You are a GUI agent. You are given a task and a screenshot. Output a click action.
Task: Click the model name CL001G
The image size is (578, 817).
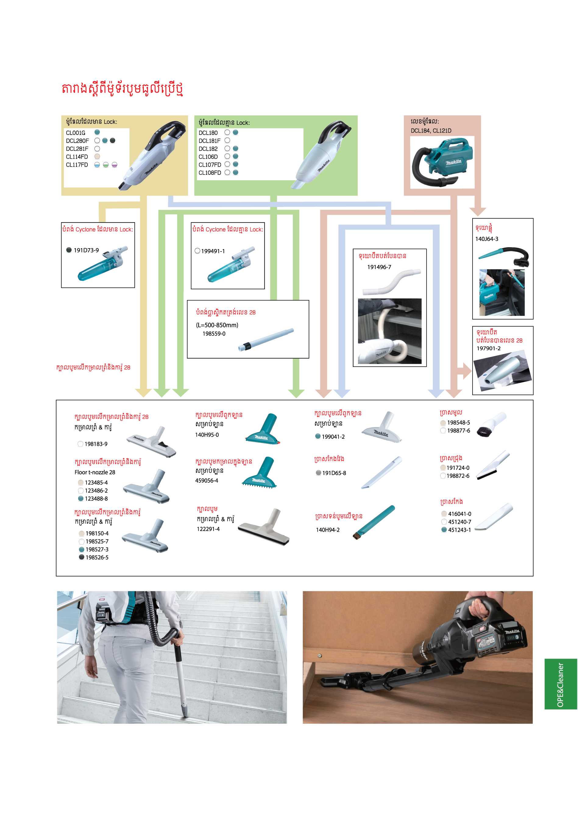(x=76, y=133)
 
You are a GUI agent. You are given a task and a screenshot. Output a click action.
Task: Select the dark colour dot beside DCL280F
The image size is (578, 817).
(x=112, y=141)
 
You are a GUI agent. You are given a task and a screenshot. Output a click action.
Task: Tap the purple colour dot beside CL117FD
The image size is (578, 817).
(x=114, y=165)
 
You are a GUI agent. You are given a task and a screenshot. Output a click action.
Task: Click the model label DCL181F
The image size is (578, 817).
(x=209, y=141)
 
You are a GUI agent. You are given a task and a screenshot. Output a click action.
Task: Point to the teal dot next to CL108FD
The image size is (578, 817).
(x=236, y=173)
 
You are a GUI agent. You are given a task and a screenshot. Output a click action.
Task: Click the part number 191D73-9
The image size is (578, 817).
(x=86, y=250)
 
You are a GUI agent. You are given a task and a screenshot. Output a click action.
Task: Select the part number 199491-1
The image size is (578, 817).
(x=213, y=251)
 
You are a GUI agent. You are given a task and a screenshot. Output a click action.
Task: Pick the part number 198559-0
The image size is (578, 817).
(x=214, y=334)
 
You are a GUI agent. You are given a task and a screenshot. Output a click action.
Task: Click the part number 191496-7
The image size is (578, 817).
(x=379, y=267)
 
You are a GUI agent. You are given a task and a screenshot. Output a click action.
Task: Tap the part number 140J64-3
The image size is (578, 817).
(x=487, y=239)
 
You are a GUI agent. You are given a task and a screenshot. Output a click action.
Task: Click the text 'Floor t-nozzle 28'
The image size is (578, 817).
(x=95, y=472)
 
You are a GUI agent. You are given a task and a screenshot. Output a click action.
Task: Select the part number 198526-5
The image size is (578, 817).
(x=97, y=557)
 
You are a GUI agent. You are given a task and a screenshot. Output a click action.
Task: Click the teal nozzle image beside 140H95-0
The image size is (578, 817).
(x=263, y=428)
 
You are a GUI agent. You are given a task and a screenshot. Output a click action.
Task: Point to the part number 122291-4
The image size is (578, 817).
(x=208, y=529)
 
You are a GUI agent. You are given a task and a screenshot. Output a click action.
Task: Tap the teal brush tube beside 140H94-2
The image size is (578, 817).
(x=374, y=521)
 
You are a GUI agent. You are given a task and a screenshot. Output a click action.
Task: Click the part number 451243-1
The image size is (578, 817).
(x=459, y=530)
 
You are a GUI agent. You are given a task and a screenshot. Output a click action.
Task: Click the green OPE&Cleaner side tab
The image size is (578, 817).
(x=561, y=684)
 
